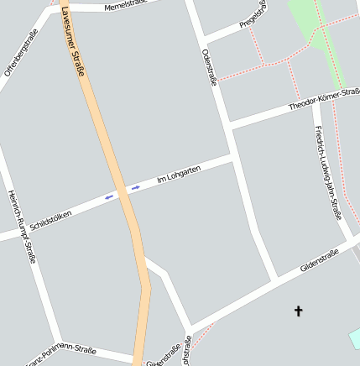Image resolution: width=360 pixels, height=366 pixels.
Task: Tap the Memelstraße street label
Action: click(126, 6)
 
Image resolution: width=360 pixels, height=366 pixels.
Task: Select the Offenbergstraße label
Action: click(22, 52)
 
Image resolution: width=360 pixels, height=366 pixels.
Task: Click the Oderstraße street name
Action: click(209, 67)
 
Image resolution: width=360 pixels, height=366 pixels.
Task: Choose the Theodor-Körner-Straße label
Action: click(323, 100)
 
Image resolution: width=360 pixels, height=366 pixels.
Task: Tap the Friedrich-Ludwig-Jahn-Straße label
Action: click(328, 171)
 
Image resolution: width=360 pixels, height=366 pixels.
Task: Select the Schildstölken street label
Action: click(50, 220)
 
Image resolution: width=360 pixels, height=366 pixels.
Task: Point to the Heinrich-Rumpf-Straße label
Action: click(22, 226)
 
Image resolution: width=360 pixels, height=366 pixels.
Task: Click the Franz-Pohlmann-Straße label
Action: click(63, 354)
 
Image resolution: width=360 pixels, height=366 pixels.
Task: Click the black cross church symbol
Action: click(298, 311)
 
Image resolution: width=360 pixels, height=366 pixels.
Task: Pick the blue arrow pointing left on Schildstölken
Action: click(108, 197)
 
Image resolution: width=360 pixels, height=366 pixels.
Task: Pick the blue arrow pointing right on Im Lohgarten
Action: click(136, 187)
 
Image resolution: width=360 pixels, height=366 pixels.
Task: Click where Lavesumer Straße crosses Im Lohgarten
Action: click(123, 192)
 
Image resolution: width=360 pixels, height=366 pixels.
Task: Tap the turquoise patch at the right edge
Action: click(355, 338)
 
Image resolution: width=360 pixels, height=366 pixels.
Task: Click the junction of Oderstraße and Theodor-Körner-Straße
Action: click(228, 125)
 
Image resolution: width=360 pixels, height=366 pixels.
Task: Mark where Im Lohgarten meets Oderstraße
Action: click(234, 157)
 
